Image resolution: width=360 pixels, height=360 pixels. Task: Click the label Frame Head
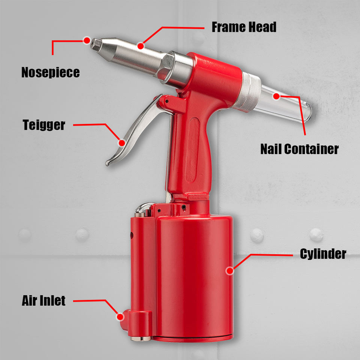tap(244, 27)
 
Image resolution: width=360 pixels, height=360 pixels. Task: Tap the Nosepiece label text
tap(51, 72)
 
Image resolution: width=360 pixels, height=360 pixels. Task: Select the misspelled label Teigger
tap(44, 125)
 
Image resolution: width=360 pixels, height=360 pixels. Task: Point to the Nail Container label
tap(299, 149)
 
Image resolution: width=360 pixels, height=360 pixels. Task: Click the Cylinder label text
tap(323, 254)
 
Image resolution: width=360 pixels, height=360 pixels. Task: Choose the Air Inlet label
tap(43, 300)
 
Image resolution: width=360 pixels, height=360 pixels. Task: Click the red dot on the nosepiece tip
tap(87, 40)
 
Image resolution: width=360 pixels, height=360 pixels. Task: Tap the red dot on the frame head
tap(141, 46)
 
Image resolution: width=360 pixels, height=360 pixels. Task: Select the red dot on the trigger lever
tap(121, 143)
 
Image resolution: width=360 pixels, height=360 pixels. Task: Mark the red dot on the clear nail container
tap(276, 96)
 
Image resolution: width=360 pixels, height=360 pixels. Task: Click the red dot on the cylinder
tap(229, 271)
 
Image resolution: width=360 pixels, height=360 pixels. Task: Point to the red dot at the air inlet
tap(120, 317)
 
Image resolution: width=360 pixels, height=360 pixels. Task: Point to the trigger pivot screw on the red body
tap(167, 101)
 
